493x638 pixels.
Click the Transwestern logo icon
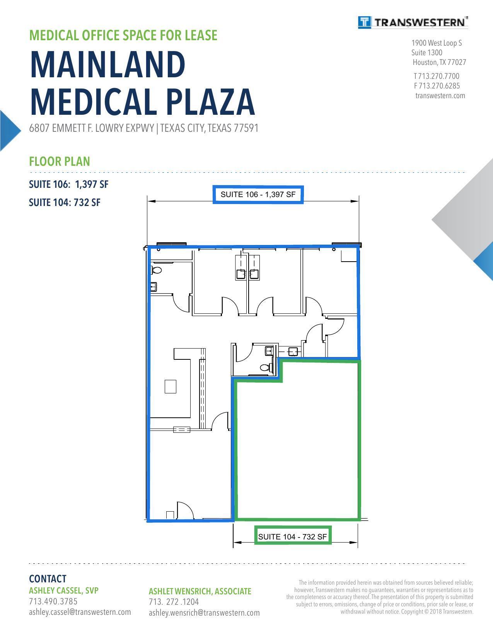click(x=365, y=22)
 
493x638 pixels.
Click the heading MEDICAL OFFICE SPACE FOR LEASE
click(x=123, y=36)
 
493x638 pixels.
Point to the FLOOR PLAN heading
click(x=59, y=162)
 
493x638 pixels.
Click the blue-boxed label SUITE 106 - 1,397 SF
click(x=258, y=194)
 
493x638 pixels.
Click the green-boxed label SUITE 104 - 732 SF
click(x=293, y=537)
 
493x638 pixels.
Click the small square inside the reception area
click(x=171, y=386)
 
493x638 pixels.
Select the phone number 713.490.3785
click(x=53, y=601)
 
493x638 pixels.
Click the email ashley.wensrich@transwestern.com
click(x=204, y=613)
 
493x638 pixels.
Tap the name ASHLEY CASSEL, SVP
click(x=64, y=590)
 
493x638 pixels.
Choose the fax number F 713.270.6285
click(x=437, y=86)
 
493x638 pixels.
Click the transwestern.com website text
click(x=440, y=96)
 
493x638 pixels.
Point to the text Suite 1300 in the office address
click(x=426, y=53)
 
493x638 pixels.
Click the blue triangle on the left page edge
click(x=9, y=131)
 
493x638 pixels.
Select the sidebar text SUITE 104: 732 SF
click(x=65, y=202)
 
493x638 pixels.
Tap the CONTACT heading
click(x=48, y=579)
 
